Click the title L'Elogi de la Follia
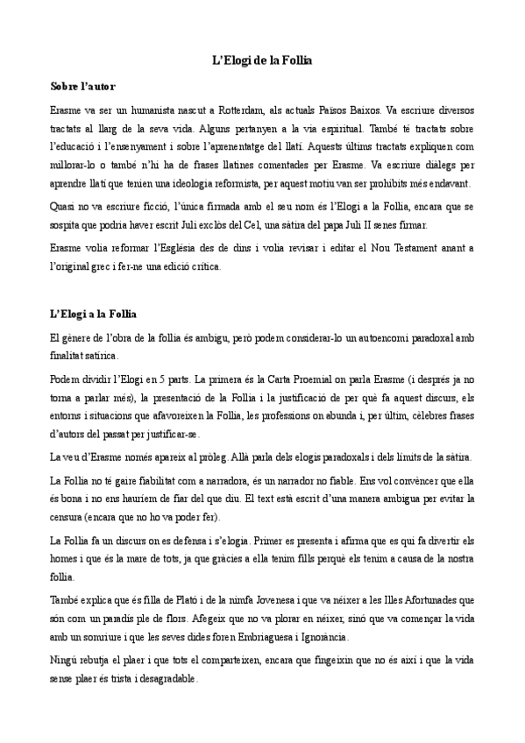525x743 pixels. point(262,60)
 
